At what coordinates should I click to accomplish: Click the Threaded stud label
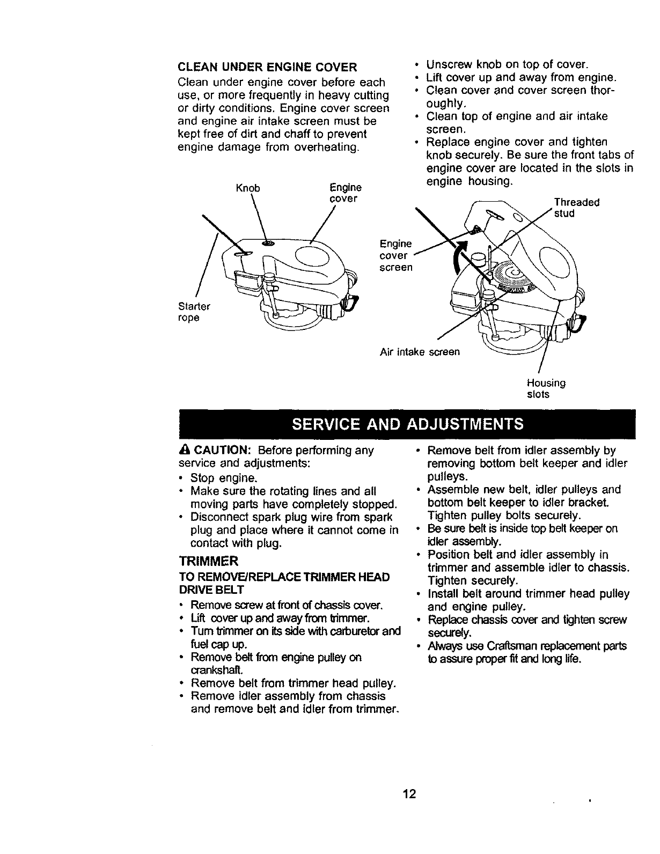click(576, 208)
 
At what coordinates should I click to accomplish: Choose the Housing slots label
click(546, 388)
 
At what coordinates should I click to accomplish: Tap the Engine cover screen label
click(396, 255)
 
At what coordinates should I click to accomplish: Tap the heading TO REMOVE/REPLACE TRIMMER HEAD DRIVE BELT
click(284, 583)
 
